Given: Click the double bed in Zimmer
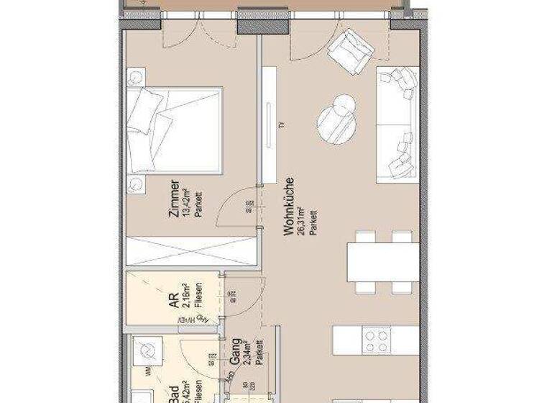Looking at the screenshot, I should click(x=175, y=130).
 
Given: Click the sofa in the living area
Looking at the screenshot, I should click(x=397, y=122).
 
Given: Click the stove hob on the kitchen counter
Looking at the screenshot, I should click(x=376, y=339).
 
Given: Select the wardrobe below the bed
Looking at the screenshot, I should click(x=191, y=250).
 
